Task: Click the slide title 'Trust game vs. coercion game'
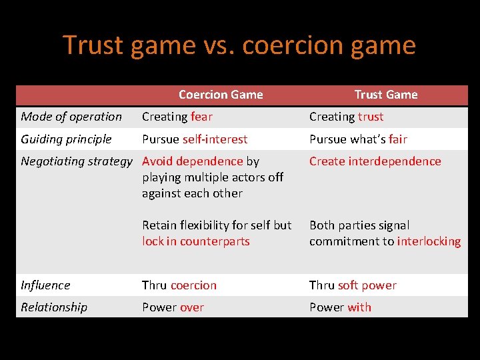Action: [239, 45]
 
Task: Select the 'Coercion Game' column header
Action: [221, 95]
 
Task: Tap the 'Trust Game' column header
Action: [385, 95]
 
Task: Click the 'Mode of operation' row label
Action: [71, 117]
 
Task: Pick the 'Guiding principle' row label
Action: [66, 139]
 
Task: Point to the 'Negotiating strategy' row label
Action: [77, 161]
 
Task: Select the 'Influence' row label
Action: [45, 285]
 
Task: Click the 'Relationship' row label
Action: [54, 307]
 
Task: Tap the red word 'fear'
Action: [201, 117]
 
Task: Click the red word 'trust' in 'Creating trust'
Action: [370, 117]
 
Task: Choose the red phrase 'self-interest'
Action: [215, 139]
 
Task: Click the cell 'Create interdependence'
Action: [375, 161]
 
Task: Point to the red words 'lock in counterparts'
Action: [195, 241]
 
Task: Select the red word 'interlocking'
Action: [429, 241]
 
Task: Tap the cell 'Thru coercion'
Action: [179, 285]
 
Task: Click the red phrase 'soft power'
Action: [367, 285]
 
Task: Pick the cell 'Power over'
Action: [173, 307]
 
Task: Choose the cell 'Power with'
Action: [340, 307]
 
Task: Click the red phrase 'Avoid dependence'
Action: [193, 161]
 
